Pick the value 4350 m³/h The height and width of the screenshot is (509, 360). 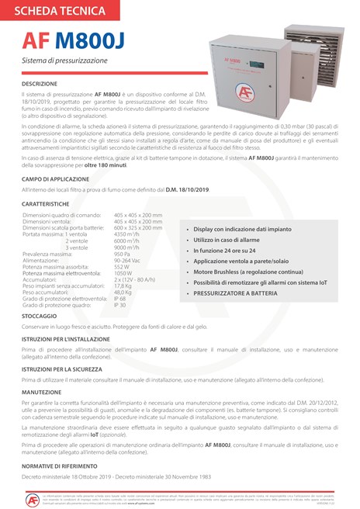(x=126, y=234)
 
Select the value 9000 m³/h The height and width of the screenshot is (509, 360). (x=126, y=247)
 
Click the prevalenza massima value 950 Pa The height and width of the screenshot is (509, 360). (x=122, y=254)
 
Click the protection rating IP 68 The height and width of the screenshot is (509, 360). (x=119, y=298)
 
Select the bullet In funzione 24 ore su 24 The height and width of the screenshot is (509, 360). (x=225, y=251)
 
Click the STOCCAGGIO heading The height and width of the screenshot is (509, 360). (x=38, y=317)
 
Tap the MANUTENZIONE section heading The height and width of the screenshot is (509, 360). (x=42, y=393)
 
